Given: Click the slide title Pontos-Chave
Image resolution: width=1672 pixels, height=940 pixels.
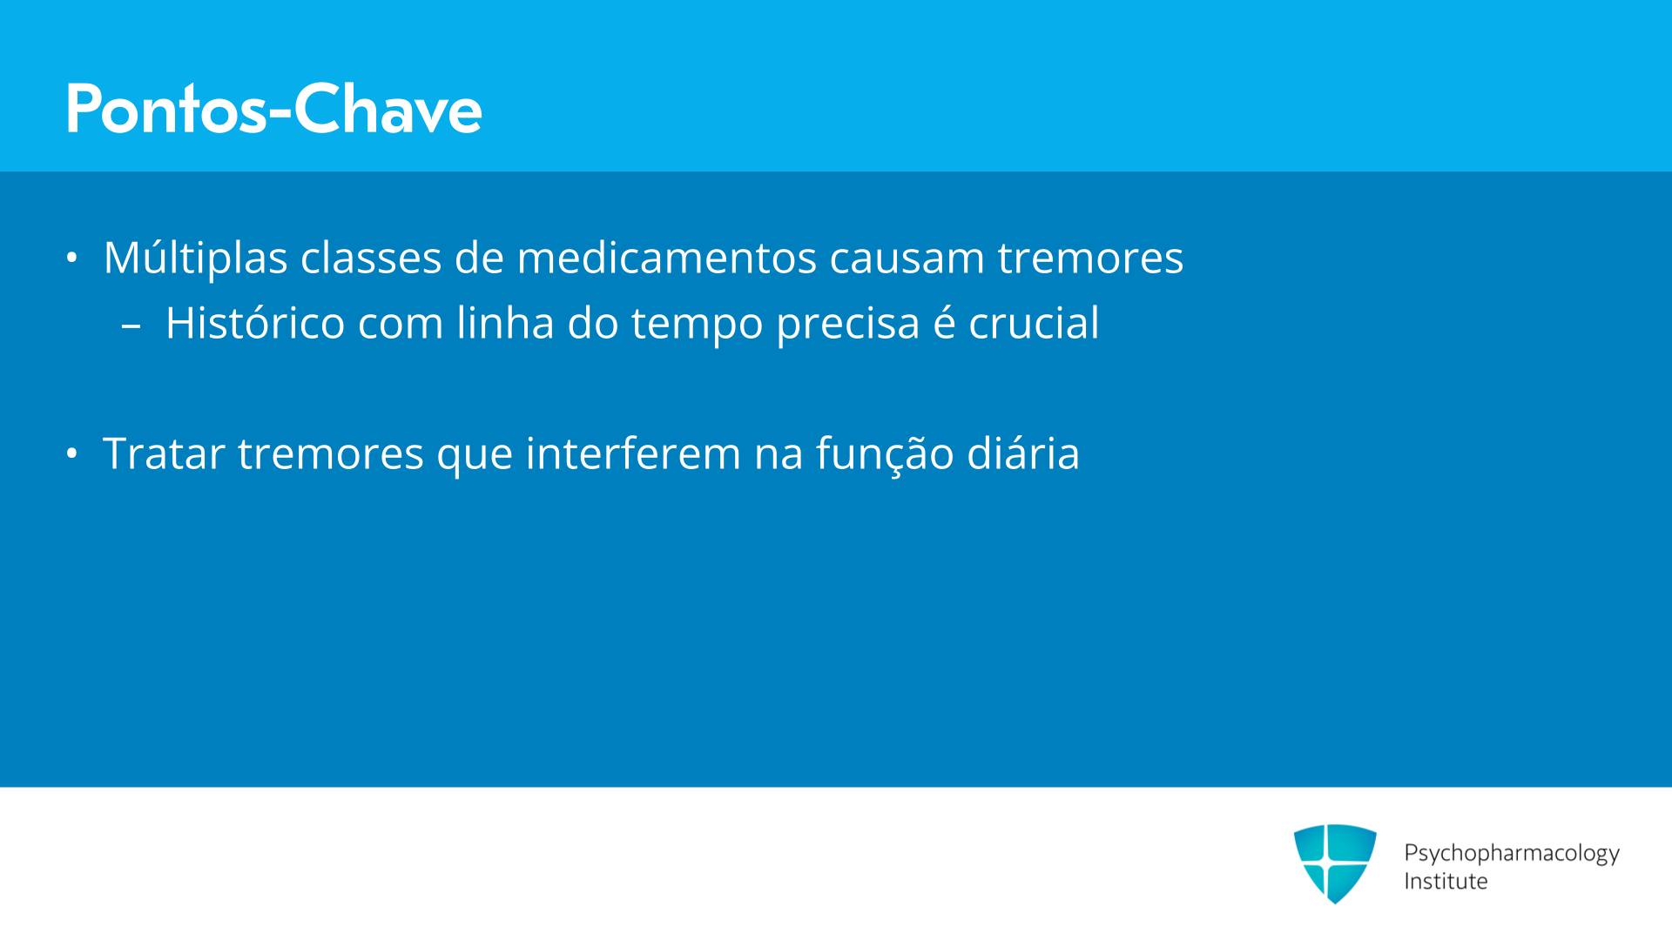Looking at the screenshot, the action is [x=273, y=109].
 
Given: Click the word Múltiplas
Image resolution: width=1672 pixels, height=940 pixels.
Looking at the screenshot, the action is [x=196, y=258].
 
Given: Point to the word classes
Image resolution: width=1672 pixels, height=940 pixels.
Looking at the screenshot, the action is [x=371, y=258].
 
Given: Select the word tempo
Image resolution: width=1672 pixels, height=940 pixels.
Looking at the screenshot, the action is [x=697, y=326].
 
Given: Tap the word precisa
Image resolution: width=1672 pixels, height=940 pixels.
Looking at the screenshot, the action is [x=848, y=326].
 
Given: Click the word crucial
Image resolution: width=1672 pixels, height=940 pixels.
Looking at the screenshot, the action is [x=1034, y=323].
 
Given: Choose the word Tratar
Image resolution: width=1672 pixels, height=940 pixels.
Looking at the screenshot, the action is [x=164, y=453].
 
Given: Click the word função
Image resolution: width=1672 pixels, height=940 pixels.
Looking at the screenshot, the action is [x=885, y=455].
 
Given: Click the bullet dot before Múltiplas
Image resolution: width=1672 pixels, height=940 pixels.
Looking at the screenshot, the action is [x=72, y=258].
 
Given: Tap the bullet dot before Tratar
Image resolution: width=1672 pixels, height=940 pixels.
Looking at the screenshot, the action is [x=72, y=453].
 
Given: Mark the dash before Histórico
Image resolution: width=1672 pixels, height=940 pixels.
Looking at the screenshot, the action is [x=131, y=328].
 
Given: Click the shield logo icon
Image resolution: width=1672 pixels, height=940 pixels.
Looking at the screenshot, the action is [x=1335, y=863].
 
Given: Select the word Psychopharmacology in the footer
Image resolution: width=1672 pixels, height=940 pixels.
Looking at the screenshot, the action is [x=1512, y=853].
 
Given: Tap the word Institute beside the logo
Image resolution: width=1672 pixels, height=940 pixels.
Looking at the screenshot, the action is [x=1446, y=881].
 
